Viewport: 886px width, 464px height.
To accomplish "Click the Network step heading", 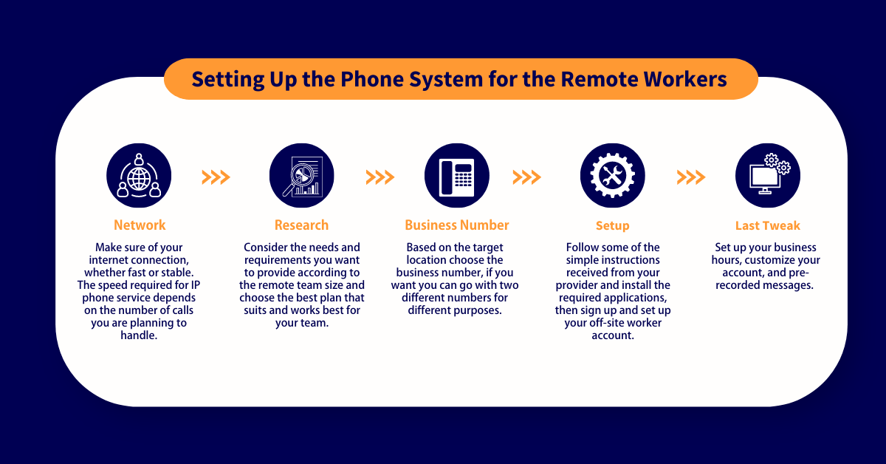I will coord(140,225).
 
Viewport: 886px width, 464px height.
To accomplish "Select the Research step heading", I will coord(301,225).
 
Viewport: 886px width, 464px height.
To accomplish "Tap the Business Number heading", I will coord(456,225).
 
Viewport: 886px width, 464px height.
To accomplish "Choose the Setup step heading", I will coord(612,225).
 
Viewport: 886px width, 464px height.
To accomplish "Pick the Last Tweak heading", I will coord(767,225).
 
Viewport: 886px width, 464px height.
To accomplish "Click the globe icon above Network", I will coord(139,177).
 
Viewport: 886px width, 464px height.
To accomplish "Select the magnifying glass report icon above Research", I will coord(301,177).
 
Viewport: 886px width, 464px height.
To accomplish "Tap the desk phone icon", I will coord(456,177).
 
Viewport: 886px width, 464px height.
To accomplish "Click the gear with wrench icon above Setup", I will coord(612,177).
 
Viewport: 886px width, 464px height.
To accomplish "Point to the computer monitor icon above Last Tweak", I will coord(767,177).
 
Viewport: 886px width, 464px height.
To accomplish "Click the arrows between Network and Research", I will coord(216,177).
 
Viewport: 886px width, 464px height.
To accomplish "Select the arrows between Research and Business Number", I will coord(380,177).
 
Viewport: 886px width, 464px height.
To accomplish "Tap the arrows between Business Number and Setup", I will coord(526,177).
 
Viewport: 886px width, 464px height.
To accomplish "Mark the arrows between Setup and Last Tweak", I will coord(690,177).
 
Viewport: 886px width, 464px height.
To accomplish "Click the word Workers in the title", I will coord(686,79).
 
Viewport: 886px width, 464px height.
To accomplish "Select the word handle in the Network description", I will coord(140,335).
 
